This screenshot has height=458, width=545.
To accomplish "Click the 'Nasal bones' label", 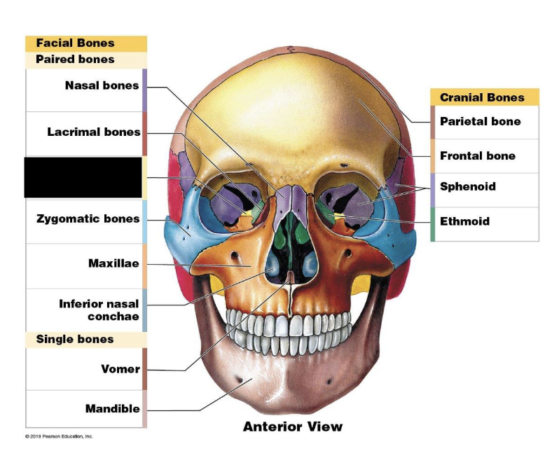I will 102,86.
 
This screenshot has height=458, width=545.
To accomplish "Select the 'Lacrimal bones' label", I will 94,132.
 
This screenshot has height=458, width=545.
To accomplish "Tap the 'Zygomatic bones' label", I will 88,219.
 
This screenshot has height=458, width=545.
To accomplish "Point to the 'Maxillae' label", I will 113,263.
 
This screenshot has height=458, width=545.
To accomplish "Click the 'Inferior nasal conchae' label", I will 99,310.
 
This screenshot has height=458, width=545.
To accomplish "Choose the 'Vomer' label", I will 120,369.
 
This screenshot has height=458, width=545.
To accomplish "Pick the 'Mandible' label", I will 112,408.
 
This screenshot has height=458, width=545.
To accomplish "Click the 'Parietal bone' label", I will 480,121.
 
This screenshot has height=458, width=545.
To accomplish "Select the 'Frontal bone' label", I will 477,155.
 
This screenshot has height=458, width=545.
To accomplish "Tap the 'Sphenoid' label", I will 467,186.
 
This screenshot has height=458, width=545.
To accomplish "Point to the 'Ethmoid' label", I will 464,221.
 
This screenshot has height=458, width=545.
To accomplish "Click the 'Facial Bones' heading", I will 75,43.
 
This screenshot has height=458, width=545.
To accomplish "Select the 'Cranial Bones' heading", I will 481,97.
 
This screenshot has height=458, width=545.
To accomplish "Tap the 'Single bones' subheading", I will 75,340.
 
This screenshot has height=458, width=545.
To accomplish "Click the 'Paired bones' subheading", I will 75,60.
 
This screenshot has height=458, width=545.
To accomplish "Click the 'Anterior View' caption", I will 293,426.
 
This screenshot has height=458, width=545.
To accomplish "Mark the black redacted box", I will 83,177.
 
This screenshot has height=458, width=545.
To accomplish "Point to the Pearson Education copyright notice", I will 59,436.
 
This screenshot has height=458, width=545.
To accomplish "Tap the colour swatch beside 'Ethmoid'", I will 433,225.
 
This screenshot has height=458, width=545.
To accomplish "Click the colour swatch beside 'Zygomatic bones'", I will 144,221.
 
